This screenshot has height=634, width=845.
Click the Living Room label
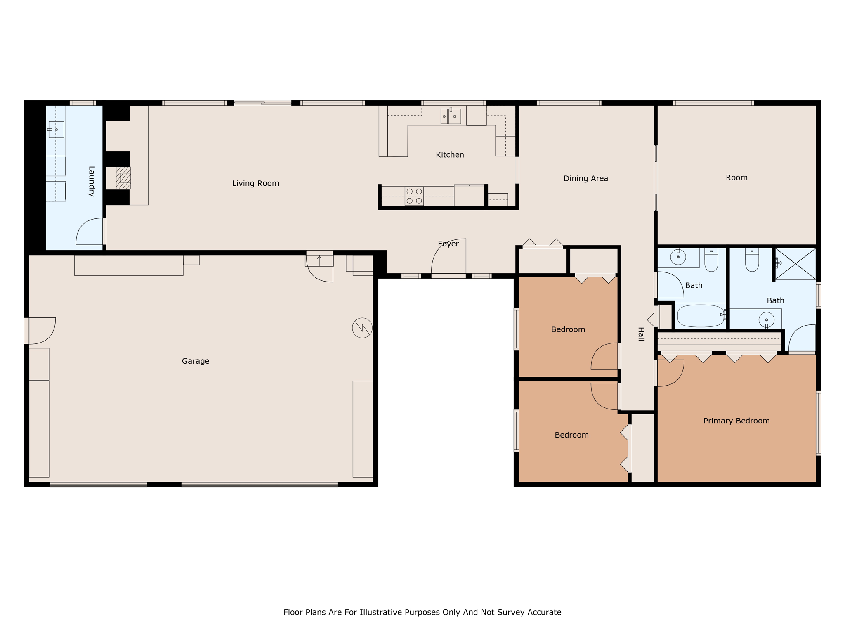point(255,183)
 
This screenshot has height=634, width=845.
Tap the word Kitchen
point(450,155)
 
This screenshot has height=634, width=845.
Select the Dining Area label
point(585,178)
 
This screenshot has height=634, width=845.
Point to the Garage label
point(196,361)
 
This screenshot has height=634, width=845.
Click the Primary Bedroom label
point(736,421)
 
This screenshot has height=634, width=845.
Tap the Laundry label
point(92,181)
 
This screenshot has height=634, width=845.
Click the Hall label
point(641,334)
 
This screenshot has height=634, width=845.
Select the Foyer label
point(448,244)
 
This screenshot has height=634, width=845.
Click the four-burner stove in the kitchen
point(414,196)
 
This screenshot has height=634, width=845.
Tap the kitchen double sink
point(451,116)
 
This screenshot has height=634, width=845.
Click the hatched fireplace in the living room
point(123,178)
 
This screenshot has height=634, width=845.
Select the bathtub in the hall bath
point(701,316)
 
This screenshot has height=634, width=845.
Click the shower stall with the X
point(795,263)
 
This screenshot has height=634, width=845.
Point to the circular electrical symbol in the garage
point(362,328)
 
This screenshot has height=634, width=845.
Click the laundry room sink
point(56,130)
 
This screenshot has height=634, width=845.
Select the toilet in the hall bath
point(711,260)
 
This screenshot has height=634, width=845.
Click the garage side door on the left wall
point(40,330)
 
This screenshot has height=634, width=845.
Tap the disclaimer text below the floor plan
point(422,612)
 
